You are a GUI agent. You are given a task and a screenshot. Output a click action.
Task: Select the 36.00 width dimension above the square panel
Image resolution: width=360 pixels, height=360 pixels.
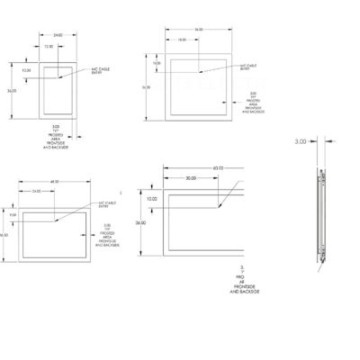tap(198, 30)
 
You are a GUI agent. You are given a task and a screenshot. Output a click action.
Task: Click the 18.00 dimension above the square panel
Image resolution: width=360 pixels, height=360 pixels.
tap(182, 40)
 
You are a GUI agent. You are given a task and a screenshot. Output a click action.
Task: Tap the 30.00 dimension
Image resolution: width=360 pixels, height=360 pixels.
tap(191, 178)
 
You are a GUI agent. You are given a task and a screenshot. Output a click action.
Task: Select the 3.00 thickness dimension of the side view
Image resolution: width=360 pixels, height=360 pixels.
tap(301, 141)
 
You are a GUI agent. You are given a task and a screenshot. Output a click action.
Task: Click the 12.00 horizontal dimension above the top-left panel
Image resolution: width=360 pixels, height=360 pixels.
tap(48, 46)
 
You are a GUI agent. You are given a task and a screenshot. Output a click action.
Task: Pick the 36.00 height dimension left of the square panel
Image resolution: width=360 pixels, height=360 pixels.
tap(146, 87)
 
